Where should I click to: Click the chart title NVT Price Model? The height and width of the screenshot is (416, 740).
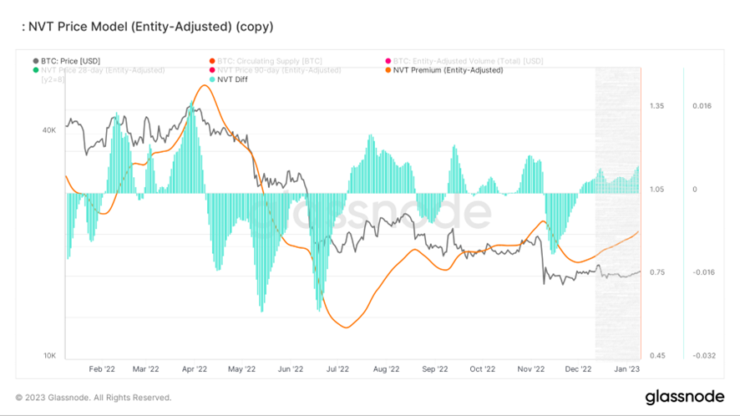146,27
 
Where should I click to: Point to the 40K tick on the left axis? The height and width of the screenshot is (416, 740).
49,130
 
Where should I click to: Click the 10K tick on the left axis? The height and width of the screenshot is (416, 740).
49,356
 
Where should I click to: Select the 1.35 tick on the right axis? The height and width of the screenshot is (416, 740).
656,106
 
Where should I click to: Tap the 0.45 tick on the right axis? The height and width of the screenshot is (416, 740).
656,356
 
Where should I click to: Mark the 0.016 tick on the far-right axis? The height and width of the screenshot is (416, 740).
702,106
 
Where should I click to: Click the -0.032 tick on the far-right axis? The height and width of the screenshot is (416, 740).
702,356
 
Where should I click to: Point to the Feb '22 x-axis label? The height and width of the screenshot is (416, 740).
101,368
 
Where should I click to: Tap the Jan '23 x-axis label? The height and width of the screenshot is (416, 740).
627,368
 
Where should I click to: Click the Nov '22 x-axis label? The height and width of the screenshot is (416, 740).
531,368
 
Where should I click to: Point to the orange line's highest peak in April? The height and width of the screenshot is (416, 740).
203,85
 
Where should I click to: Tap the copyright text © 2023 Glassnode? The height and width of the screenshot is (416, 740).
93,398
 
